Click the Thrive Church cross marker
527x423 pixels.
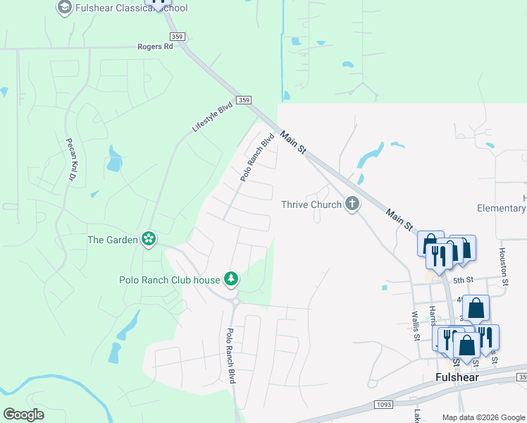(x=352, y=204)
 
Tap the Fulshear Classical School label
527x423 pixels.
(x=132, y=8)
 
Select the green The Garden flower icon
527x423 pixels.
(x=149, y=240)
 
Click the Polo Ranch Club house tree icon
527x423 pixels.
(x=230, y=280)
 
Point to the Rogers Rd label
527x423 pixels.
(x=155, y=47)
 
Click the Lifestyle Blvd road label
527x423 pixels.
(x=212, y=117)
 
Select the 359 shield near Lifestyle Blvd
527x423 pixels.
(x=244, y=101)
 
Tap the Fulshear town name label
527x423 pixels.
(x=456, y=377)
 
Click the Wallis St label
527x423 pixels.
(x=416, y=326)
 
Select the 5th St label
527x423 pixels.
(x=462, y=281)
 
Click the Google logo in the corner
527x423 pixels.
(x=23, y=414)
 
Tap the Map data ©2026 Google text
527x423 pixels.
(x=483, y=417)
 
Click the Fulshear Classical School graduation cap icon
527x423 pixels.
(x=64, y=8)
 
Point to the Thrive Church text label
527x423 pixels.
(x=311, y=204)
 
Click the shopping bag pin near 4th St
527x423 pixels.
(x=476, y=309)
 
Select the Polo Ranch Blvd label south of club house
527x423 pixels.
(x=230, y=356)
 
